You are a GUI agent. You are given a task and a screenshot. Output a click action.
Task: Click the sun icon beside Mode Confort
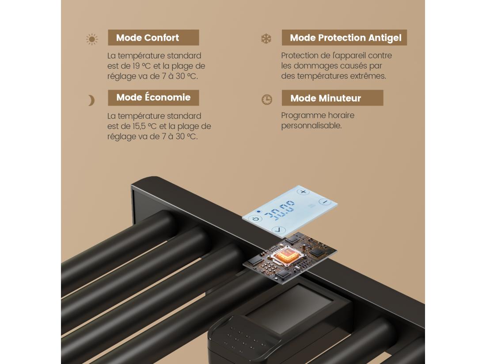[92, 39]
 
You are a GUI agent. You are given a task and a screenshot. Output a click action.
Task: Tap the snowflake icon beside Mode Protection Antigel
[266, 39]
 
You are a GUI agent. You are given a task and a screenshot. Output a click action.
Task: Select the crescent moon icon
[91, 101]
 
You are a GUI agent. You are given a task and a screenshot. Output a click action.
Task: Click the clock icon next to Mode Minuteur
[267, 99]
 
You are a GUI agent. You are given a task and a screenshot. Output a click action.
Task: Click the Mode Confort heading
[148, 38]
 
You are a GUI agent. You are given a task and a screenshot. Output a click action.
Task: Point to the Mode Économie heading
[153, 98]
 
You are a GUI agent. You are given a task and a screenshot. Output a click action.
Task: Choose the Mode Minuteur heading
[326, 98]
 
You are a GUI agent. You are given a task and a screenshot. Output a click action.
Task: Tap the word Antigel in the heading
[384, 38]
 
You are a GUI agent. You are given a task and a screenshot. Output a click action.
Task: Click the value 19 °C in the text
[141, 66]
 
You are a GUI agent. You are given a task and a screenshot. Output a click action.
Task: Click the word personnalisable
[311, 125]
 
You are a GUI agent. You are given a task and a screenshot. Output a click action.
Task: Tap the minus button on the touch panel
[325, 202]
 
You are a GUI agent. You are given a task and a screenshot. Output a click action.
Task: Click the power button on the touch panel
[256, 219]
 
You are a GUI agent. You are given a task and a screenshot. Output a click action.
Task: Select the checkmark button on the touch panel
[277, 230]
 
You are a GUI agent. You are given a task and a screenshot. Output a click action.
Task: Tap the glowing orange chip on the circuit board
[283, 256]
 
